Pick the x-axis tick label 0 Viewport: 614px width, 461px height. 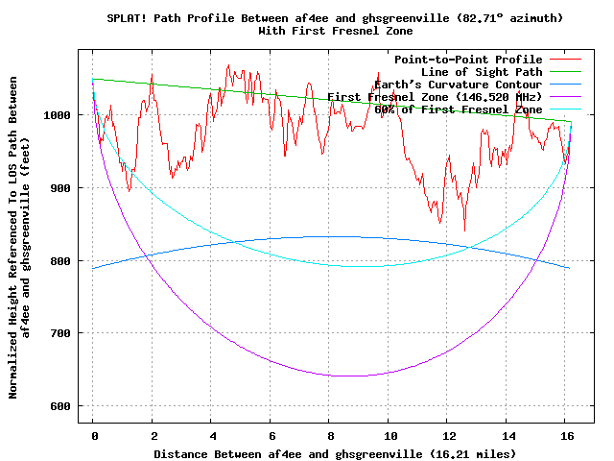[93, 435]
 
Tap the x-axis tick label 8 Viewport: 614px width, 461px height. [329, 435]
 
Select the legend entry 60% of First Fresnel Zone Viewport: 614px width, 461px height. [458, 109]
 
